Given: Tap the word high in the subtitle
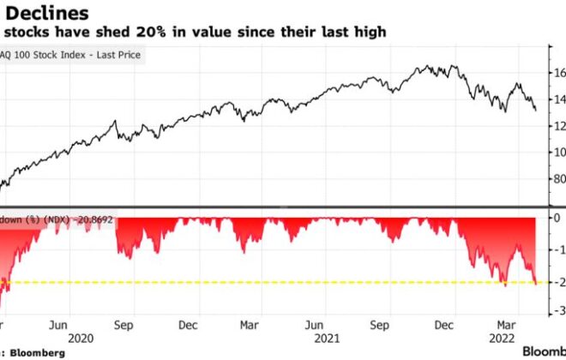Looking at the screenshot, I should [370, 32].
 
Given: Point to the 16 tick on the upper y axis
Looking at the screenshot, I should [558, 73].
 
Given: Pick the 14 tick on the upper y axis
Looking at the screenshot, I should [558, 99].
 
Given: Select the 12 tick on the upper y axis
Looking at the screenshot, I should [558, 126].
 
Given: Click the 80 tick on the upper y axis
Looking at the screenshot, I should [558, 179].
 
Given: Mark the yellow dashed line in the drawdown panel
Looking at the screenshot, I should [257, 282].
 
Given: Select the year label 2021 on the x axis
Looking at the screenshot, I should [326, 339].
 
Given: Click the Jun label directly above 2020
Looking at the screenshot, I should [57, 326].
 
